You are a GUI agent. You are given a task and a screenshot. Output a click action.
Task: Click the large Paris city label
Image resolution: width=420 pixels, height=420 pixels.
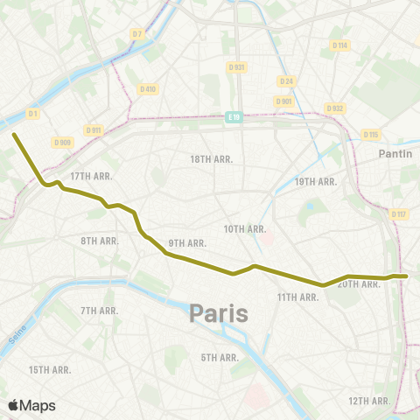(219, 312)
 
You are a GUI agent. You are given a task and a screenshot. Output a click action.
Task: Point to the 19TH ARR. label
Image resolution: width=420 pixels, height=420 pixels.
(316, 181)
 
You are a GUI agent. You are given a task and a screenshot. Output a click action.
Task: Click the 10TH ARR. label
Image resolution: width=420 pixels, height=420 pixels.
(244, 229)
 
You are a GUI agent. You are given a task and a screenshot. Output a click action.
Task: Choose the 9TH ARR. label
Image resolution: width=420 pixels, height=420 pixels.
(187, 242)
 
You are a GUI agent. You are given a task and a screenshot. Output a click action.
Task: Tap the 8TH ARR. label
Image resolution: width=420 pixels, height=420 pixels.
(100, 241)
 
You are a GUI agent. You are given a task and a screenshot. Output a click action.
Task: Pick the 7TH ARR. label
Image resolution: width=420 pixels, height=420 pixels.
(100, 311)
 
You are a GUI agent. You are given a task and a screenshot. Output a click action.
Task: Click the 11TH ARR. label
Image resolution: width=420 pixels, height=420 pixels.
(298, 297)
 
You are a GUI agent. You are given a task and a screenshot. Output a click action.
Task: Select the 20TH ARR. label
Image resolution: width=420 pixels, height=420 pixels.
(357, 283)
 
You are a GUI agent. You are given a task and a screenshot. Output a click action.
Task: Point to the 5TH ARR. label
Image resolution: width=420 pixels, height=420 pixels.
(220, 357)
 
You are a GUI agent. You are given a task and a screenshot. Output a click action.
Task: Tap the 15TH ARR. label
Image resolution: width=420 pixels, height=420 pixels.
(50, 370)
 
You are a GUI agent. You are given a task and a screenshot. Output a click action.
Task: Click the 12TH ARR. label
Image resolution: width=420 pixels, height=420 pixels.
(368, 400)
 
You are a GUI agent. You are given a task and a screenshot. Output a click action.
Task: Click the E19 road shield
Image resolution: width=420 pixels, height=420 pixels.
(232, 116)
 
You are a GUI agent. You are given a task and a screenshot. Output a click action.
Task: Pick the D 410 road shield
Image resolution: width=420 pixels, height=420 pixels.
(147, 88)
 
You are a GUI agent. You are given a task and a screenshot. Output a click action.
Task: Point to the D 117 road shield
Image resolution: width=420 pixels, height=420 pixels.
(399, 214)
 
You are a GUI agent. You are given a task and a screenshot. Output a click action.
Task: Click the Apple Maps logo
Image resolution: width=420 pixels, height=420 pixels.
(32, 405)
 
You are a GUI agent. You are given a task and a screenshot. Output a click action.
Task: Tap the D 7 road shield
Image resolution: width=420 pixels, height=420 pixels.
(136, 34)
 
